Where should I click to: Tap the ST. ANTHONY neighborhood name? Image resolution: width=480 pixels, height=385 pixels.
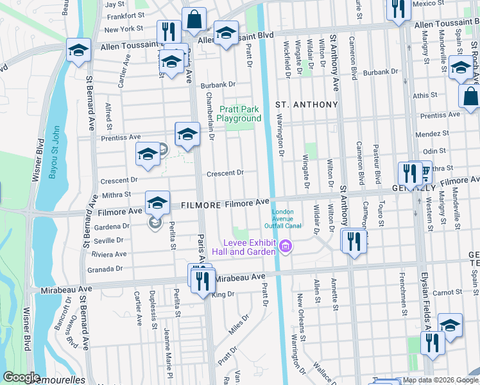(306, 104)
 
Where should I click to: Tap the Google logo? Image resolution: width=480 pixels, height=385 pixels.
(21, 377)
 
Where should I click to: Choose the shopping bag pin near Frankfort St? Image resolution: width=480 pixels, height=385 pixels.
(194, 21)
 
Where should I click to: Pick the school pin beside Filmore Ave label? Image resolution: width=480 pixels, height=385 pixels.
(157, 203)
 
